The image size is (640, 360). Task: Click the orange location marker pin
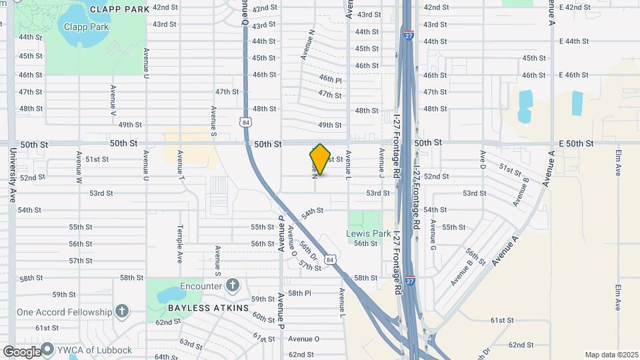pyautogui.click(x=320, y=159)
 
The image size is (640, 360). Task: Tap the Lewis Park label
pyautogui.click(x=368, y=234)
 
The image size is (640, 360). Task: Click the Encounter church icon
pyautogui.click(x=232, y=285)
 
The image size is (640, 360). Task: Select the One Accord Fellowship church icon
pyautogui.click(x=121, y=311)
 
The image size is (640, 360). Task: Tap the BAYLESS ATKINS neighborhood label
pyautogui.click(x=199, y=308)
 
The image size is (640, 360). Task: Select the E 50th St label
pyautogui.click(x=575, y=143)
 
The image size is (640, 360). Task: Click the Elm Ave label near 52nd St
pyautogui.click(x=617, y=162)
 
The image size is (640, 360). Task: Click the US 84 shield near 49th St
pyautogui.click(x=247, y=122)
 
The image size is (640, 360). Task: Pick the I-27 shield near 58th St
pyautogui.click(x=411, y=281)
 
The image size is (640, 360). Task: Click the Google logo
pyautogui.click(x=22, y=351)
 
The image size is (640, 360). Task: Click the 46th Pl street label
pyautogui.click(x=330, y=79)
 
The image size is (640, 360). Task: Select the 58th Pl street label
pyautogui.click(x=299, y=293)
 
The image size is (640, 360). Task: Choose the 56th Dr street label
pyautogui.click(x=307, y=251)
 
